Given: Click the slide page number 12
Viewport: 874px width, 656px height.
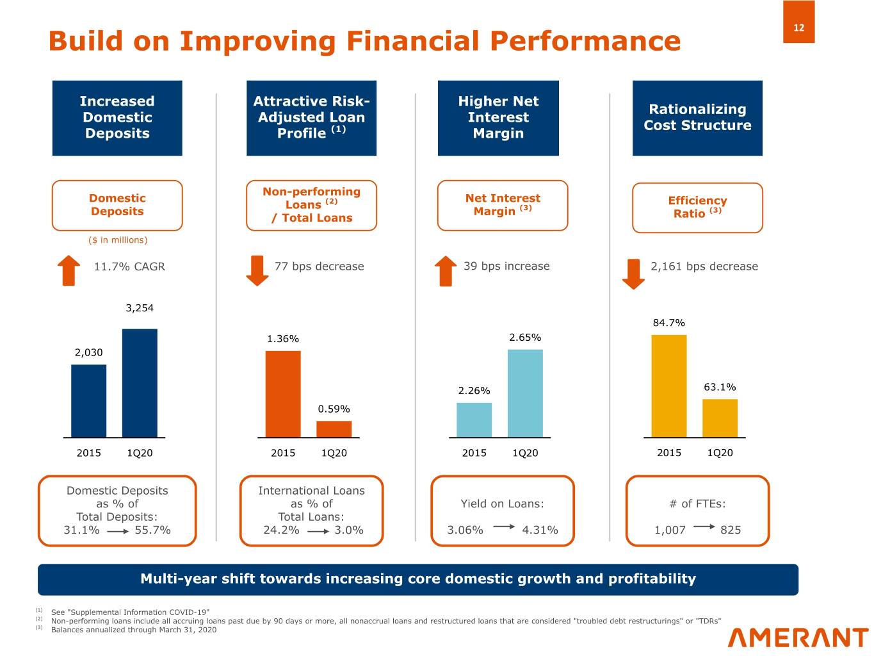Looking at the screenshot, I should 798,27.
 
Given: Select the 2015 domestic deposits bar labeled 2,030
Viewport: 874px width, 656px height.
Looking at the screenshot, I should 89,401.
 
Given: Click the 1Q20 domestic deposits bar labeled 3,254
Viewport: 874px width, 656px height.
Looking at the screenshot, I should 140,383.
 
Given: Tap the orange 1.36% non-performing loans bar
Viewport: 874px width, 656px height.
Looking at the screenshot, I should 283,394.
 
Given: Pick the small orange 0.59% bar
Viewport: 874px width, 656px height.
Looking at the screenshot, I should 334,429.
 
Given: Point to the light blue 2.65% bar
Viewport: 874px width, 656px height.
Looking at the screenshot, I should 525,393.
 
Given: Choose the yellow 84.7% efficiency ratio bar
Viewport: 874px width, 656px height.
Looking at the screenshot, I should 668,386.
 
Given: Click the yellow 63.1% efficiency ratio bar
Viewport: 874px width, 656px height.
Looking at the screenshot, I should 720,418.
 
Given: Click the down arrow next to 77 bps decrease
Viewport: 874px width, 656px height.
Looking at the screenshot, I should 257,270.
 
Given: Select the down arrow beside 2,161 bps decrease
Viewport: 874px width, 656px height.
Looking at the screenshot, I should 633,274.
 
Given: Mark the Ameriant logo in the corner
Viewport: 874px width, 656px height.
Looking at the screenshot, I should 798,637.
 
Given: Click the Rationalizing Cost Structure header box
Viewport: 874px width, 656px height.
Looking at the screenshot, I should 697,118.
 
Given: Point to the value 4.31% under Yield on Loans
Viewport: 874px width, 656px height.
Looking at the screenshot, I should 540,530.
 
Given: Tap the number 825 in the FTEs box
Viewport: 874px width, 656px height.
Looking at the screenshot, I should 731,530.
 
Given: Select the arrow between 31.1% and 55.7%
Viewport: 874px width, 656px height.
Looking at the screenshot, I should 118,531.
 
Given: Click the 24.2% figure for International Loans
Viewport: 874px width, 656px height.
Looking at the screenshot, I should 281,530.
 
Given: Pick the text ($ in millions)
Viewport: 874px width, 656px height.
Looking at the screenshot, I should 118,240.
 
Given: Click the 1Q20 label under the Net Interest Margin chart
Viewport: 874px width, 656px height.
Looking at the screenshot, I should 525,453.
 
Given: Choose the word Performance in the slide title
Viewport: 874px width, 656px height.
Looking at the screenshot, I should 585,41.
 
